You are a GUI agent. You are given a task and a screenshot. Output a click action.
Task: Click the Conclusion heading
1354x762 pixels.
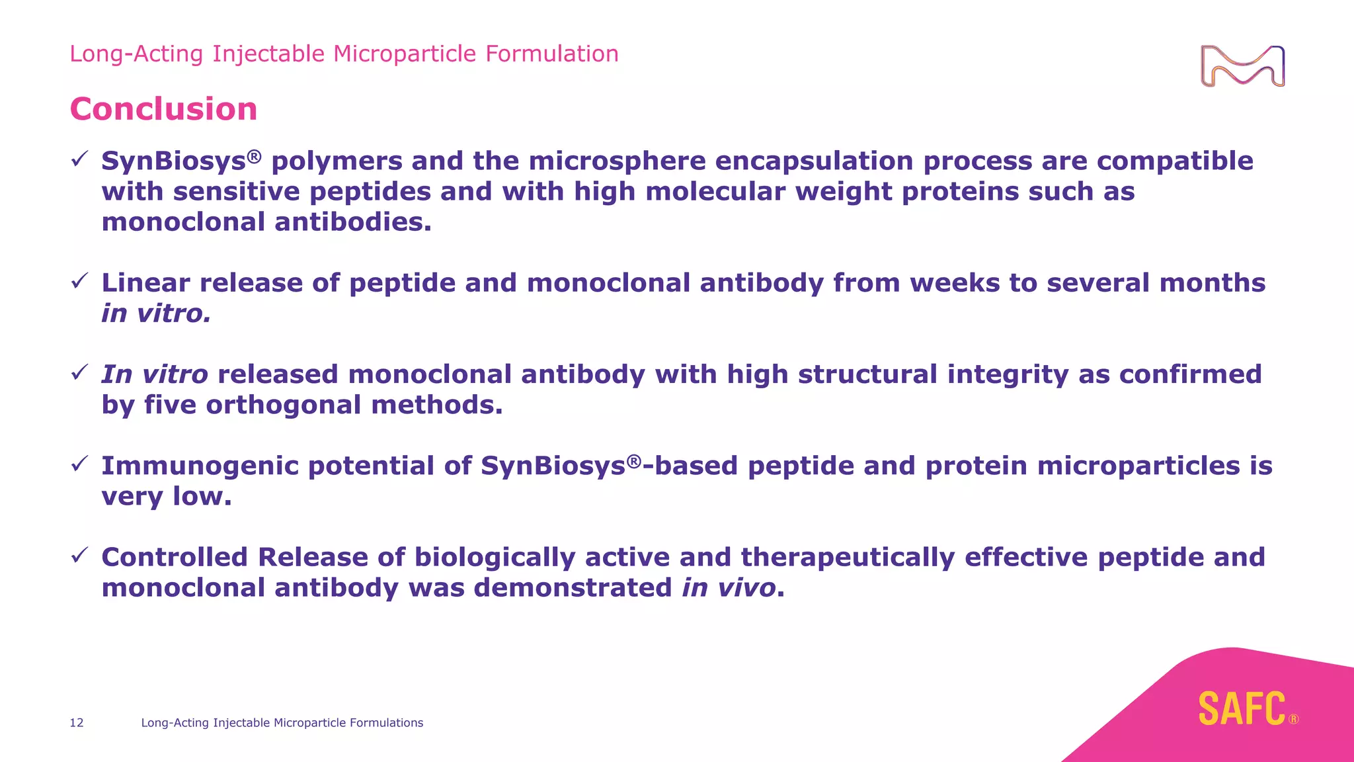tap(163, 109)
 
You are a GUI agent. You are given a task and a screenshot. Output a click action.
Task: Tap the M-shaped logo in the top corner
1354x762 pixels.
tap(1242, 66)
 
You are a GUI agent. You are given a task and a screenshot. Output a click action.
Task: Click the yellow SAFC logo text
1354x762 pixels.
tap(1242, 709)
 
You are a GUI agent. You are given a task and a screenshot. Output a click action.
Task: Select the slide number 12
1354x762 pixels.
tap(77, 723)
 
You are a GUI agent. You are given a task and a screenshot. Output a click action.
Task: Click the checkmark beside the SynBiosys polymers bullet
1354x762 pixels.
tap(79, 159)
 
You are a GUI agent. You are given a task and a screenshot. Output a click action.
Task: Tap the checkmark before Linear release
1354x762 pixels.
tap(79, 281)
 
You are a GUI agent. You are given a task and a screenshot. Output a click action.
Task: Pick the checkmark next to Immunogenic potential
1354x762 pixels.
tap(79, 464)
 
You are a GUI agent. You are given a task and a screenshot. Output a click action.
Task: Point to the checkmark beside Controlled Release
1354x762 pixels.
tap(79, 555)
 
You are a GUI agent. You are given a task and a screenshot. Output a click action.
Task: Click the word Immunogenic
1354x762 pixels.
tap(200, 466)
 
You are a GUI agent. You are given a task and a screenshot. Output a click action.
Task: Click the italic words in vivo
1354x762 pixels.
tap(729, 588)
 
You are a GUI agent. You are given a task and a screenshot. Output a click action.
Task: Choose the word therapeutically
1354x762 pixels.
tap(848, 558)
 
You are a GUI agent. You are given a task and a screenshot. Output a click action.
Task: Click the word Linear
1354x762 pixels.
tap(145, 283)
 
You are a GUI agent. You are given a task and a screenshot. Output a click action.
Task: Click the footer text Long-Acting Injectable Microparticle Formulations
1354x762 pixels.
tap(282, 723)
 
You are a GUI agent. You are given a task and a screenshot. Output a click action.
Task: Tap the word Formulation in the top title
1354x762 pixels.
tap(552, 54)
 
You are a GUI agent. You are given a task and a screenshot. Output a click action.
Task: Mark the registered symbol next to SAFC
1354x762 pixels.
tap(1293, 720)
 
